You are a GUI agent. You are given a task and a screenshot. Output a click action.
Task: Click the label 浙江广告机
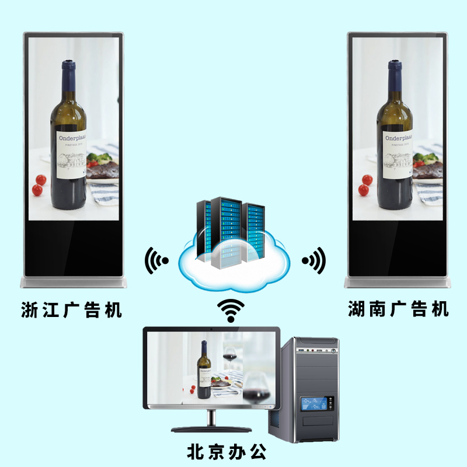pos(71,309)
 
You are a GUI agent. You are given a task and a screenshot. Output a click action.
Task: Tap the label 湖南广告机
pos(398,309)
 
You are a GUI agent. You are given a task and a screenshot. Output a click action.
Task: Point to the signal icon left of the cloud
pos(156,260)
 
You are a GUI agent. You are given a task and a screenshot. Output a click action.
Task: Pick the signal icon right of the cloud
pos(314,260)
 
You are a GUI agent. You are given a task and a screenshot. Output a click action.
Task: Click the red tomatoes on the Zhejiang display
pos(39,184)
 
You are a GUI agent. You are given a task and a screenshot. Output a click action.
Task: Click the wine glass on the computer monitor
pos(230,356)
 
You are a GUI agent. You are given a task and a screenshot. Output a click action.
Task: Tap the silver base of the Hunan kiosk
pos(398,283)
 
